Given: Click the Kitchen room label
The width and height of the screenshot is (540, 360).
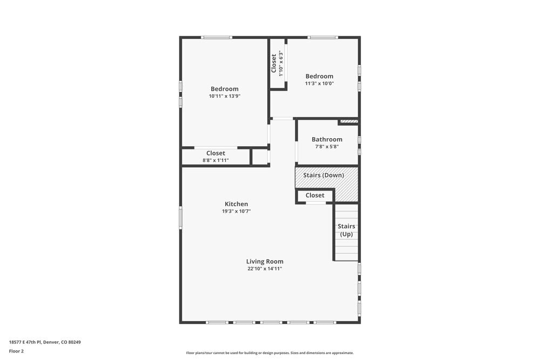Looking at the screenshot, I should pos(237,204).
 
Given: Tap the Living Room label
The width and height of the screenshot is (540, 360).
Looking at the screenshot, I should pos(265,262).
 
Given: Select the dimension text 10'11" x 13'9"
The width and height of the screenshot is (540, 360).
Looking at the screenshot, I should pos(225,96).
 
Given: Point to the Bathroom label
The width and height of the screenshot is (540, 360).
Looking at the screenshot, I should pos(327,139).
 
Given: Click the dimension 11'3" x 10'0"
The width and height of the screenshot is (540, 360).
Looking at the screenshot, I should pos(319,84).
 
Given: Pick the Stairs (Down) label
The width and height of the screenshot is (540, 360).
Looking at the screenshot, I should pos(323,175).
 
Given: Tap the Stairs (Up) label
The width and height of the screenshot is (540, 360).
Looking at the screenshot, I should pos(346,230).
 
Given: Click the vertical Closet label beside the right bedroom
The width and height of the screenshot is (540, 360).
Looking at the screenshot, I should pos(274,63).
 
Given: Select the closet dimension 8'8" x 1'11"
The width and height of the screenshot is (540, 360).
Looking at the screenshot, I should pos(215,160).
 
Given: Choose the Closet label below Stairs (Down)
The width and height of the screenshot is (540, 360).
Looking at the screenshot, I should pos(315,195).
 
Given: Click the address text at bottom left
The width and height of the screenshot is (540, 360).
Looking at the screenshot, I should pos(45,342).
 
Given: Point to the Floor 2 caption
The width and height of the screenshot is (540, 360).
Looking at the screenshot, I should pos(16,351).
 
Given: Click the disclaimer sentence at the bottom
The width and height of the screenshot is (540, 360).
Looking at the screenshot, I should pos(269,353).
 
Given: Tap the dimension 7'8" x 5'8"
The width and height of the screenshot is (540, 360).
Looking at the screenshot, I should pos(327,146).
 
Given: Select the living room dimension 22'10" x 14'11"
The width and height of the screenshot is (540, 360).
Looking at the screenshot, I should pos(265,268).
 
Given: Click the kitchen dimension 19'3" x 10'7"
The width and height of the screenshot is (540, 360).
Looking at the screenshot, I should pos(237,211).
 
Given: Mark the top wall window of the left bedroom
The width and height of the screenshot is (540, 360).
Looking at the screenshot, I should pos(217,37).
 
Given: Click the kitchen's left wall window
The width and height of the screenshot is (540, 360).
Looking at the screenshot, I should pos(181,218).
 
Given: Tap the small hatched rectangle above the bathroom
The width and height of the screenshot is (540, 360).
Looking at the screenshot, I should pos(348,121).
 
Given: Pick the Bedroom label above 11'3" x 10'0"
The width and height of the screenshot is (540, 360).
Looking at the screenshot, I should pos(319,76).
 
